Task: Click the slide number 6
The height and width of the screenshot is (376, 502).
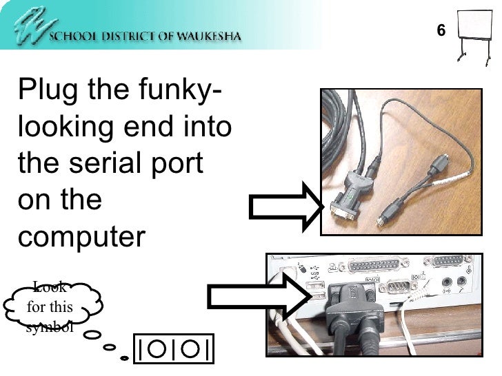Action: pyautogui.click(x=441, y=30)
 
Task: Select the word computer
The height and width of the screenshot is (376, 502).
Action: pyautogui.click(x=82, y=238)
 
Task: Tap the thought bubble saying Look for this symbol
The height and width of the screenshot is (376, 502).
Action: pyautogui.click(x=50, y=307)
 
